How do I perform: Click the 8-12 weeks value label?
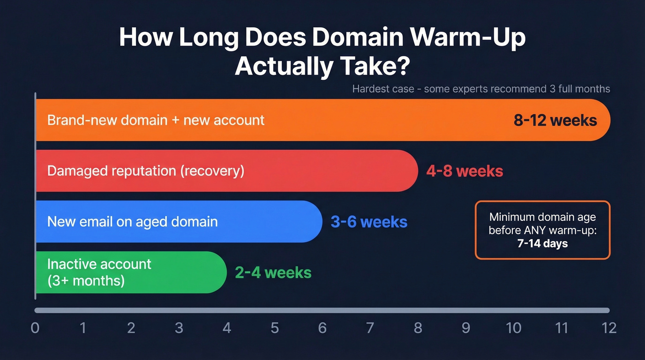pos(555,120)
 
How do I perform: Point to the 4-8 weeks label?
pos(464,171)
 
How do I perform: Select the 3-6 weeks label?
pos(369,222)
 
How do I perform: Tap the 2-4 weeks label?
pos(273,272)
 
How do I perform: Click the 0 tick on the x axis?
pos(35,328)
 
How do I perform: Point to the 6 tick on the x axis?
pos(322,328)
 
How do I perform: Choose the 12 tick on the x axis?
pos(609,328)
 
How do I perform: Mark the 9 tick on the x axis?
pos(466,328)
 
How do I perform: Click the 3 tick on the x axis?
pos(179,328)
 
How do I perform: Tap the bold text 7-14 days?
pos(542,243)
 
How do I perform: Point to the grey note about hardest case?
pos(481,89)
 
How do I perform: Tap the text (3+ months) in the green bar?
pos(86,280)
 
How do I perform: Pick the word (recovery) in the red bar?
pos(212,171)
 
